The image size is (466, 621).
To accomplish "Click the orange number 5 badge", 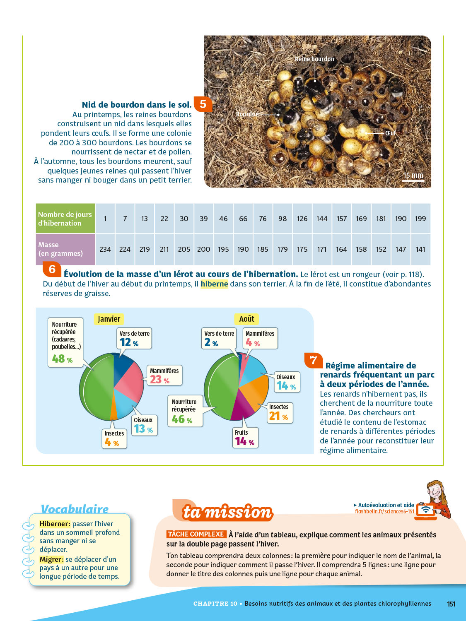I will [203, 104].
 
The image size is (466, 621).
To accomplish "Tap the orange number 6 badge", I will [52, 270].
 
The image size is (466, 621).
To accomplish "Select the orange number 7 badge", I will [313, 360].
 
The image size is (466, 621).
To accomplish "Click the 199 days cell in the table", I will [420, 219].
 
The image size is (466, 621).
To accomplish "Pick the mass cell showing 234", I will [105, 249].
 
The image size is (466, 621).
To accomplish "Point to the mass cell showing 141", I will [420, 249].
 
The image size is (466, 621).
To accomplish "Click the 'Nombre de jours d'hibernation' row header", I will [65, 219].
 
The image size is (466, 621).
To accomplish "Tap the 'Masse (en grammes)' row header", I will [65, 249].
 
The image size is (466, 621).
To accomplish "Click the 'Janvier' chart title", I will [109, 319].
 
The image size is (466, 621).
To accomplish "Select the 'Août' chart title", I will [246, 319].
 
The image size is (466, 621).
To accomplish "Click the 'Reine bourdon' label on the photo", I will [314, 59].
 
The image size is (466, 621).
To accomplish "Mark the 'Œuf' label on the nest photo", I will [390, 133].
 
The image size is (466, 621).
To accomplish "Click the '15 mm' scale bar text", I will [413, 176].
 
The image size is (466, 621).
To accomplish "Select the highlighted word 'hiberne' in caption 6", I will [214, 284].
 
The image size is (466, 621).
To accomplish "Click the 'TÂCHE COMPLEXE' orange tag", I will [196, 534].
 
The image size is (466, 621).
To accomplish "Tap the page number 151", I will [451, 604].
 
